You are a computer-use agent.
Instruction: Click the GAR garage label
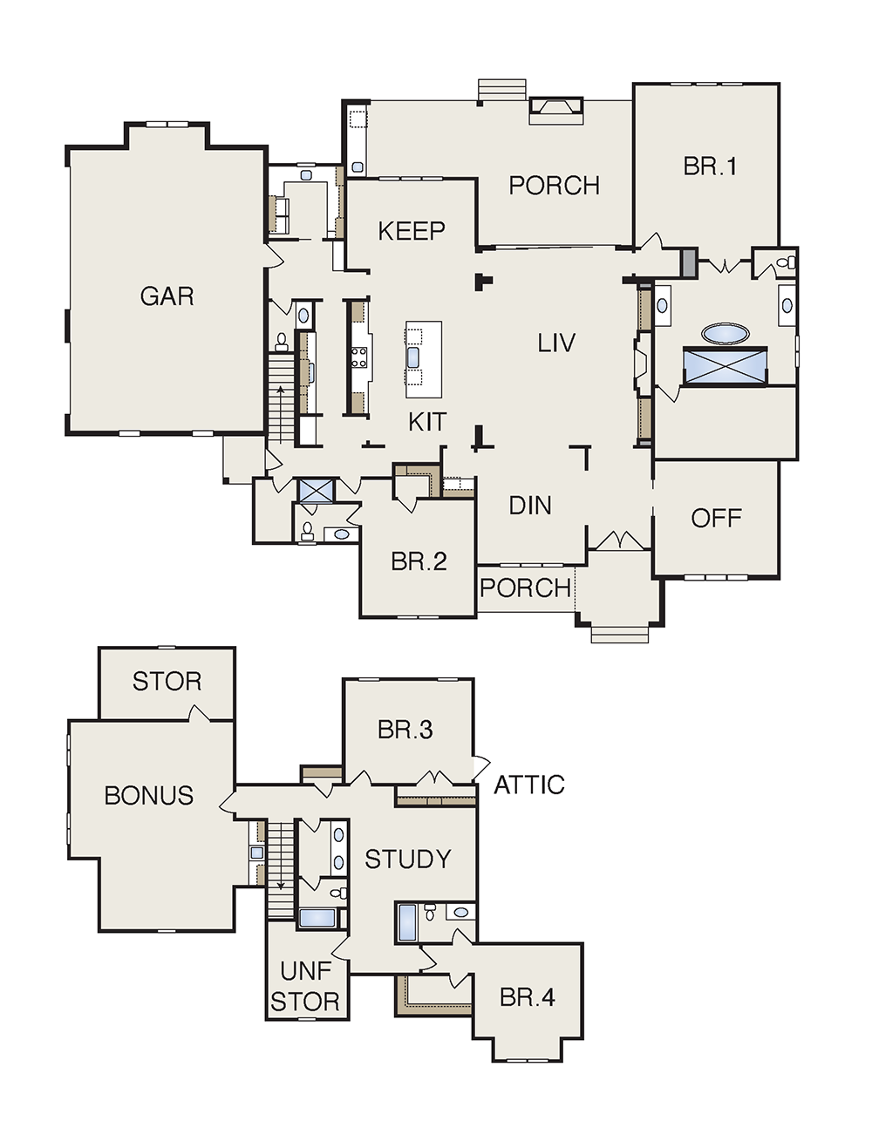(x=167, y=296)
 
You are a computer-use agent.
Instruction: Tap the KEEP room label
(x=412, y=231)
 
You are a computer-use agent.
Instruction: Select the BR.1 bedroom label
(x=710, y=166)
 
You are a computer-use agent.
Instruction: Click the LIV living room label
(x=556, y=343)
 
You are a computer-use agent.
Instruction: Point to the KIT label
(x=427, y=422)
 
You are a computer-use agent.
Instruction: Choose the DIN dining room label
(x=530, y=506)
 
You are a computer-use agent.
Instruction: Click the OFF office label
(x=716, y=518)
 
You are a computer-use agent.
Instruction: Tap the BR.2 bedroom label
(x=419, y=561)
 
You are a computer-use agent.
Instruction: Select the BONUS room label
(x=149, y=796)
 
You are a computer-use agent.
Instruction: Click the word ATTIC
(x=529, y=785)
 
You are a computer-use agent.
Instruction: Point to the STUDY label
(x=407, y=860)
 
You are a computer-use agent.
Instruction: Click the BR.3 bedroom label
(x=405, y=730)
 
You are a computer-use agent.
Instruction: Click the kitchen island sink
(x=413, y=357)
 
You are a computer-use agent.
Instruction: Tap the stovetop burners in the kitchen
(x=359, y=357)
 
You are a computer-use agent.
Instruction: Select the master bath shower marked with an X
(x=726, y=367)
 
